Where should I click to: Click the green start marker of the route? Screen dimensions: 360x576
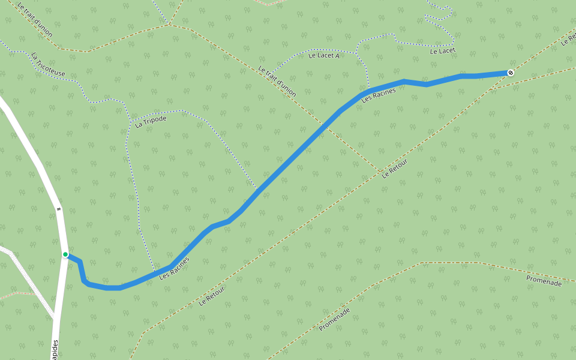[x=65, y=254]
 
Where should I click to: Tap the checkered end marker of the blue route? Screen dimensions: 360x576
[x=511, y=73]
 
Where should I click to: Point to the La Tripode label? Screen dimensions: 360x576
[x=151, y=122]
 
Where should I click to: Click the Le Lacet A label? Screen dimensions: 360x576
[x=324, y=56]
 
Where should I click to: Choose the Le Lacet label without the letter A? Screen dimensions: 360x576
[x=443, y=52]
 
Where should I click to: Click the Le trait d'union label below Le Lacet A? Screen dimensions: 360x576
[x=278, y=82]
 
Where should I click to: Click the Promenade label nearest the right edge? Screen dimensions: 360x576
[x=544, y=280]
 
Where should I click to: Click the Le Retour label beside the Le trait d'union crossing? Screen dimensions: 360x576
[x=394, y=168]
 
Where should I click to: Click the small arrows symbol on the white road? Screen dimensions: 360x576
[x=59, y=209]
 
